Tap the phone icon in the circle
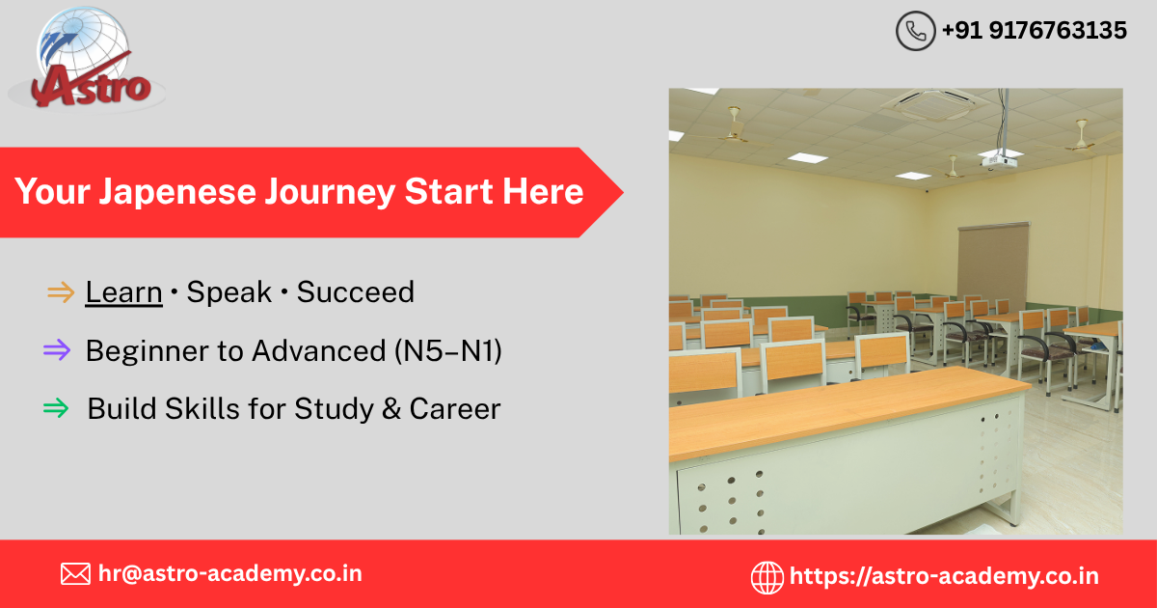[915, 31]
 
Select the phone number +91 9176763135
[1034, 31]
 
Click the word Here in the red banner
[543, 191]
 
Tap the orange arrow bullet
[61, 292]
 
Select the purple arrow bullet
[57, 350]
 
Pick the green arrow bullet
[56, 408]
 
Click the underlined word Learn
[124, 292]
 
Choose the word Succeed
[356, 292]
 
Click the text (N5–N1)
[448, 351]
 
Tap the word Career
[455, 409]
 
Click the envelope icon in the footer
[75, 574]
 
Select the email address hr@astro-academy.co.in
[230, 574]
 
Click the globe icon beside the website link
[767, 577]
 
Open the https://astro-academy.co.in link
[944, 576]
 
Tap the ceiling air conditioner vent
[929, 103]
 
